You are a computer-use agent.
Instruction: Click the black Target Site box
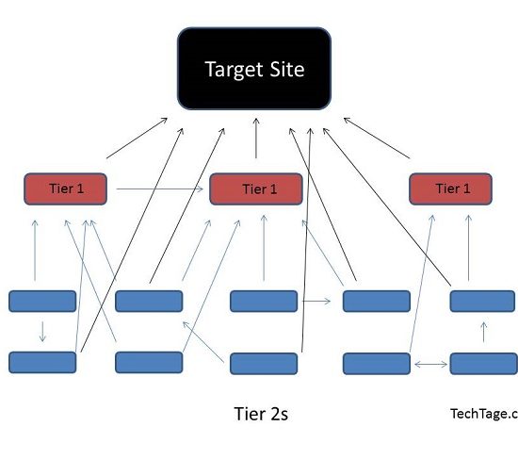pyautogui.click(x=254, y=69)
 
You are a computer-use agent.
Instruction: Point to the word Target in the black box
pyautogui.click(x=235, y=70)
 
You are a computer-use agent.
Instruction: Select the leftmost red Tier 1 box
pyautogui.click(x=65, y=189)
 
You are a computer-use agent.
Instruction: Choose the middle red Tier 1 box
pyautogui.click(x=256, y=189)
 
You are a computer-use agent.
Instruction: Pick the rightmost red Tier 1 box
pyautogui.click(x=450, y=189)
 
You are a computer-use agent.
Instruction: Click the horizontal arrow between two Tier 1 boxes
pyautogui.click(x=160, y=189)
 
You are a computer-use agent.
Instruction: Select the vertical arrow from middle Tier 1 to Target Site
pyautogui.click(x=256, y=139)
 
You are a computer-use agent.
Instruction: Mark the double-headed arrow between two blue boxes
pyautogui.click(x=430, y=364)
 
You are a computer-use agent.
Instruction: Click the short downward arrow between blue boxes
pyautogui.click(x=42, y=332)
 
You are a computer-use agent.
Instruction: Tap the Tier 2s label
pyautogui.click(x=261, y=414)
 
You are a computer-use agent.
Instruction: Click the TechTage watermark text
pyautogui.click(x=484, y=414)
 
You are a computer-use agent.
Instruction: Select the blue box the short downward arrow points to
pyautogui.click(x=42, y=363)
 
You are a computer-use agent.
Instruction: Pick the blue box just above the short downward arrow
pyautogui.click(x=42, y=301)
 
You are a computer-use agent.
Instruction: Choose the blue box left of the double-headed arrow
pyautogui.click(x=377, y=364)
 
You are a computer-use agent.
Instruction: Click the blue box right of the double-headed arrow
pyautogui.click(x=484, y=364)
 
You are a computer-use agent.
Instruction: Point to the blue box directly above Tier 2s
pyautogui.click(x=264, y=364)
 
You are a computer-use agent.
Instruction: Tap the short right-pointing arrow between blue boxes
pyautogui.click(x=316, y=301)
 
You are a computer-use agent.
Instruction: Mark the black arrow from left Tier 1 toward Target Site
pyautogui.click(x=137, y=138)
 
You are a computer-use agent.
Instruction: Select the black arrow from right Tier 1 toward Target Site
pyautogui.click(x=377, y=138)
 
